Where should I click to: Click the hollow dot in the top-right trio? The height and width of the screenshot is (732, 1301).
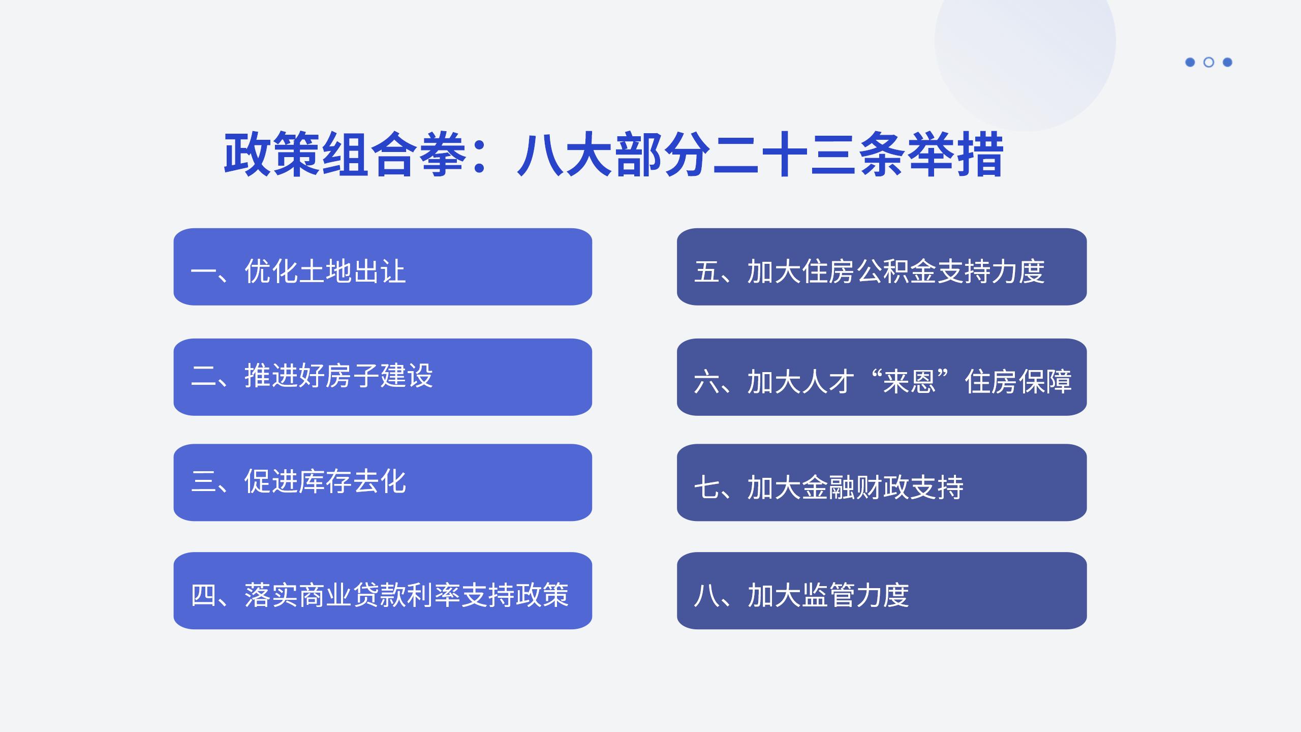click(1209, 62)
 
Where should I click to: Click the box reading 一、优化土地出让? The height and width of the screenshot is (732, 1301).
click(383, 267)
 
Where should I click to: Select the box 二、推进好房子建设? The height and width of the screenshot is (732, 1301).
click(383, 377)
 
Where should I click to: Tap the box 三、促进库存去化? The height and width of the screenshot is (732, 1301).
click(383, 482)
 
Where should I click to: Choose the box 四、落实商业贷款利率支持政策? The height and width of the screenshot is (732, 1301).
click(383, 590)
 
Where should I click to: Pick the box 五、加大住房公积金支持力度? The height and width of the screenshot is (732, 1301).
click(881, 267)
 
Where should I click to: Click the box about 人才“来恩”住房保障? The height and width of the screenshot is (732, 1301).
click(881, 377)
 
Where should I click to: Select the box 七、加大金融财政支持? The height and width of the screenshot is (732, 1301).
click(881, 482)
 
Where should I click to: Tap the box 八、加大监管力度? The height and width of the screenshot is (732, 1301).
click(881, 590)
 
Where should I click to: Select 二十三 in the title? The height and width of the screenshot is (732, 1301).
click(785, 155)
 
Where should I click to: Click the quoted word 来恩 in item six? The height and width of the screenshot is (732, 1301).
click(909, 381)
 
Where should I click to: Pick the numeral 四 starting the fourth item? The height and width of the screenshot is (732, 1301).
click(203, 595)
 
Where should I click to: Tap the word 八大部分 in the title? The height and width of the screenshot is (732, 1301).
click(613, 155)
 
